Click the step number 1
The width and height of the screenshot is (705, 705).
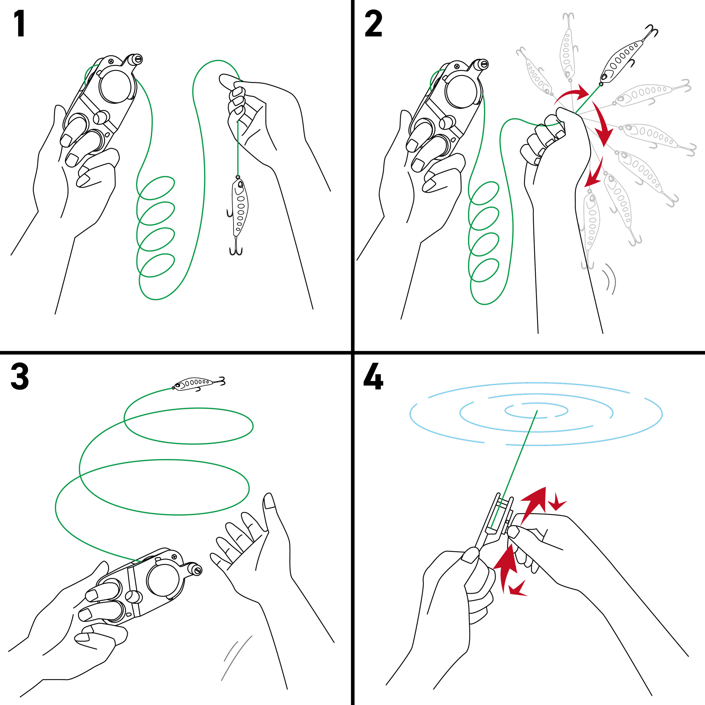[19, 24]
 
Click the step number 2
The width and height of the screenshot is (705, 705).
[373, 24]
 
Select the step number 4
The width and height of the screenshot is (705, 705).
[373, 376]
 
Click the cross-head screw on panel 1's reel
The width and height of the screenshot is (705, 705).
[111, 61]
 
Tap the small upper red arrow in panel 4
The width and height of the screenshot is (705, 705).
[558, 505]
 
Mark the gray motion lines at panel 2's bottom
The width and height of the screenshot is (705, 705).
[610, 278]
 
